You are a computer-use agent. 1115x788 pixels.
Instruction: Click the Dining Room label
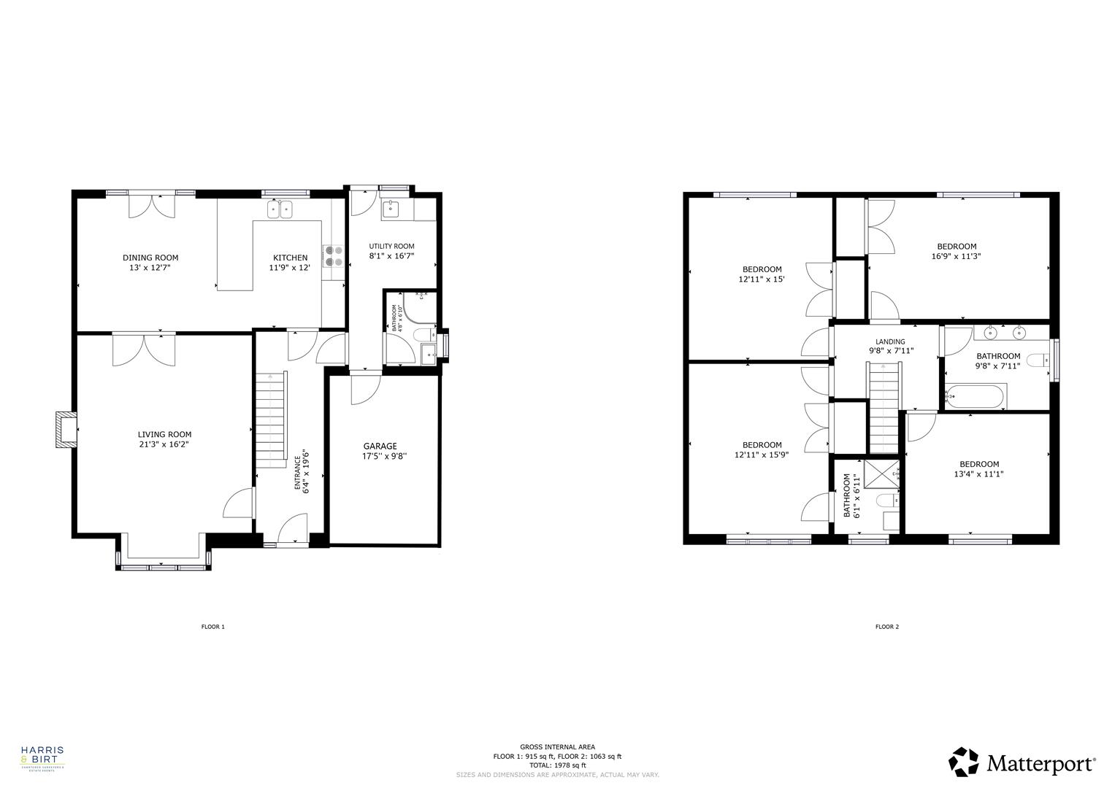click(150, 258)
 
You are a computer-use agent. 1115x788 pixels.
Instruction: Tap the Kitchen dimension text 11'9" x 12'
click(291, 268)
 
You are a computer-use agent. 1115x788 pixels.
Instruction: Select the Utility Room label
click(391, 247)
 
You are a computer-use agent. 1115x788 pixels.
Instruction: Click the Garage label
click(380, 446)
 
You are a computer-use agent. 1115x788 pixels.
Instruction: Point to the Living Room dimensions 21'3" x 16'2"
click(164, 444)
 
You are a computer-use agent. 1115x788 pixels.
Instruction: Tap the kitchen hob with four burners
click(334, 255)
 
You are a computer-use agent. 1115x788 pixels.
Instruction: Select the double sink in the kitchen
click(280, 209)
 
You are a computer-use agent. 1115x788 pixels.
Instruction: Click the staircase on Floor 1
click(270, 420)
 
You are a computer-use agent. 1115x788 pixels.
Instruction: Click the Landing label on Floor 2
click(890, 341)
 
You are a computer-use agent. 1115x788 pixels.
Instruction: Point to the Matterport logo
click(1022, 762)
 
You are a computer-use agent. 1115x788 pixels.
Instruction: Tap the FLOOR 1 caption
click(213, 627)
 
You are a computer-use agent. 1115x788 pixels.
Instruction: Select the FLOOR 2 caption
click(887, 627)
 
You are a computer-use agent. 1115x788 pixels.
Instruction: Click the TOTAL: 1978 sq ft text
click(557, 765)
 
